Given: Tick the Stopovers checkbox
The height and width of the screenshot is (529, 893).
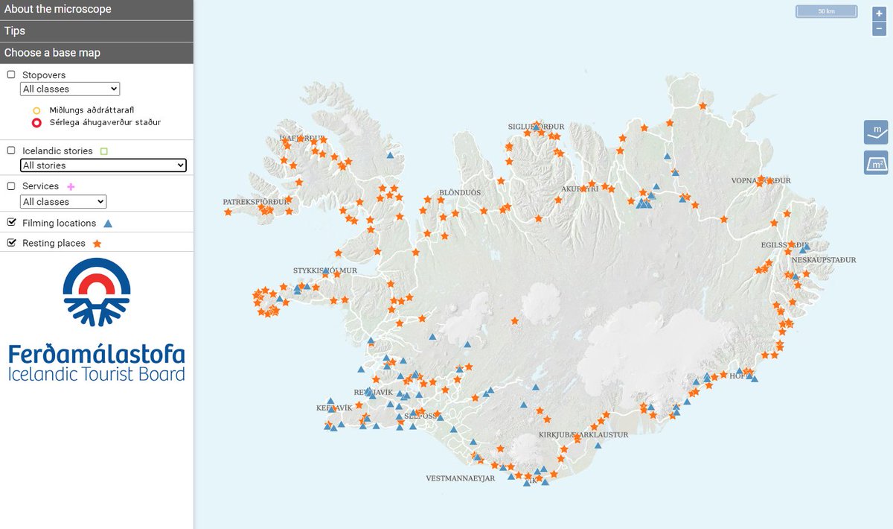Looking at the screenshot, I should pyautogui.click(x=11, y=75).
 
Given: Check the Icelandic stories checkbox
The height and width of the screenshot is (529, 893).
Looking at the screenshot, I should pyautogui.click(x=11, y=151).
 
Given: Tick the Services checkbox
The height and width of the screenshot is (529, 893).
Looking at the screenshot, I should pyautogui.click(x=11, y=186).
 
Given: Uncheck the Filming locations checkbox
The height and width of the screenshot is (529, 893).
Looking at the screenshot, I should pyautogui.click(x=11, y=223).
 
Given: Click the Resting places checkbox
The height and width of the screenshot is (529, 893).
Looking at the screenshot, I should pyautogui.click(x=11, y=243).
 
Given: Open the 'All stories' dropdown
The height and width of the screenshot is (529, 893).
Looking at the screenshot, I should pyautogui.click(x=103, y=165).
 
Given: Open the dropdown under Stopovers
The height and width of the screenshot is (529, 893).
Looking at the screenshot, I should pyautogui.click(x=70, y=89).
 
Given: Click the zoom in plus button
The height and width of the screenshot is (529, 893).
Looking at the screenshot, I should pyautogui.click(x=879, y=13).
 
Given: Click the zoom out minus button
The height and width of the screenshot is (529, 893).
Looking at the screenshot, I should pyautogui.click(x=879, y=29).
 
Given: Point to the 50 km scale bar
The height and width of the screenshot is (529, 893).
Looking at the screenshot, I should pyautogui.click(x=827, y=12).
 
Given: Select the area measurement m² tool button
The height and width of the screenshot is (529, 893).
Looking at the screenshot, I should pyautogui.click(x=876, y=162).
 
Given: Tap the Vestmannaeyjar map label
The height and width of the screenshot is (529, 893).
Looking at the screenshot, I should pyautogui.click(x=460, y=478).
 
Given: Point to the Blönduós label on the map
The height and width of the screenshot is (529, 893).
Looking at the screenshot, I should pyautogui.click(x=460, y=192).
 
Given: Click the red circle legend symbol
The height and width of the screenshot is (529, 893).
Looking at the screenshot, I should pyautogui.click(x=36, y=123).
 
